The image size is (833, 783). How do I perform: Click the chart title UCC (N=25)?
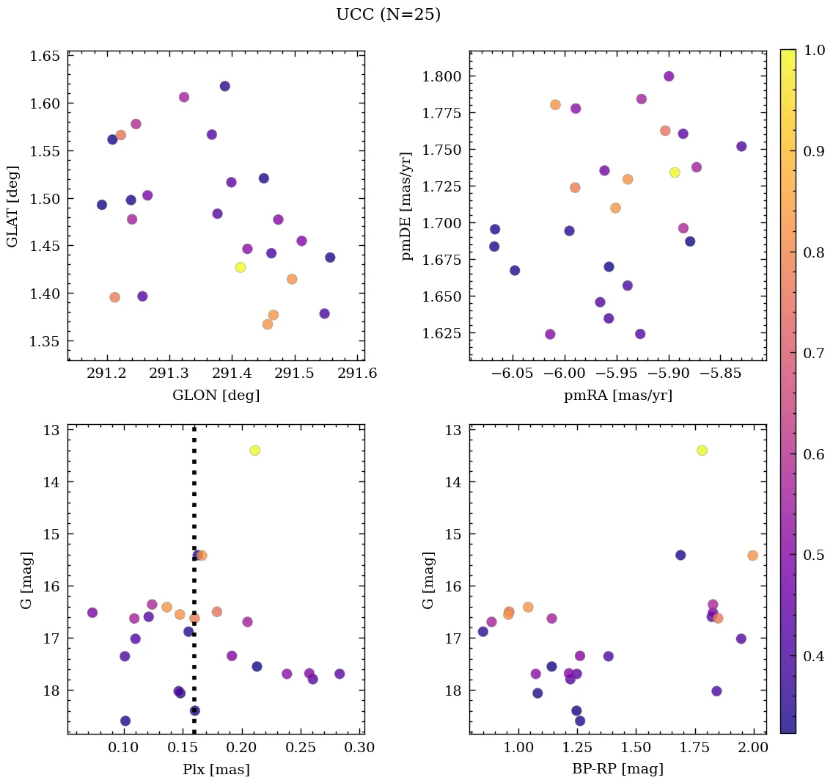pos(388,15)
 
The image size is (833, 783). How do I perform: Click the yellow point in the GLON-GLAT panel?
pos(241,267)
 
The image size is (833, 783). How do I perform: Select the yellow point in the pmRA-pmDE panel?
pos(675,172)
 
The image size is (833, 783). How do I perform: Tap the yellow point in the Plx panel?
pos(254,450)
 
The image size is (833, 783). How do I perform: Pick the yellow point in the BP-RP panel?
pos(702,450)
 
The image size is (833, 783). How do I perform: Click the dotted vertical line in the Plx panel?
pos(194,514)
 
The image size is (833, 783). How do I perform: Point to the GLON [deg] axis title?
pos(216,396)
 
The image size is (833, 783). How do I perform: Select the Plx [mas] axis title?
pos(216,769)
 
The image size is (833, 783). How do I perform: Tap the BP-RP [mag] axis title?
pos(617,769)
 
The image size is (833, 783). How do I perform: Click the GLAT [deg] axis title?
pos(12,206)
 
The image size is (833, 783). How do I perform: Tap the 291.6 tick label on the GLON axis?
pos(357,374)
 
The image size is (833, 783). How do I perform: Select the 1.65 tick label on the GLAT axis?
pos(44,55)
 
